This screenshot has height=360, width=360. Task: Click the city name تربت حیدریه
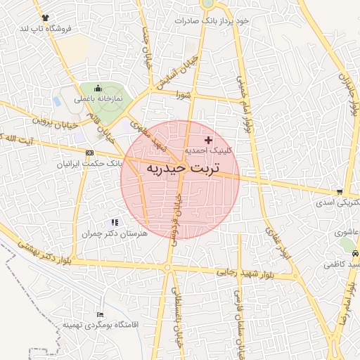(182, 169)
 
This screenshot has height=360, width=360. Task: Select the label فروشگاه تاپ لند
(46, 27)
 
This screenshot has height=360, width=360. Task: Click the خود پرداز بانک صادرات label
(212, 20)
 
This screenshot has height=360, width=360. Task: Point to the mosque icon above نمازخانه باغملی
(98, 89)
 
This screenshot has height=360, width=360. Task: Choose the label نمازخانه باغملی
(99, 99)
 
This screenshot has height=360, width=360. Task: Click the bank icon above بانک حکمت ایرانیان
(89, 153)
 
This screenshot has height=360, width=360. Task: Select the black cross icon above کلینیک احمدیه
(208, 140)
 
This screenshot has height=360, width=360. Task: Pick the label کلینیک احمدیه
(207, 150)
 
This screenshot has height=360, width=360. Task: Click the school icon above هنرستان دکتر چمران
(115, 222)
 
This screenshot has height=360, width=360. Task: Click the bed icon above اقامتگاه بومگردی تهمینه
(101, 314)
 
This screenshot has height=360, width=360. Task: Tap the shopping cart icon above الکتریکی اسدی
(340, 192)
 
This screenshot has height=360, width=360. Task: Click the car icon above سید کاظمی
(355, 253)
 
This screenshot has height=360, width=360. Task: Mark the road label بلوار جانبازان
(354, 91)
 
